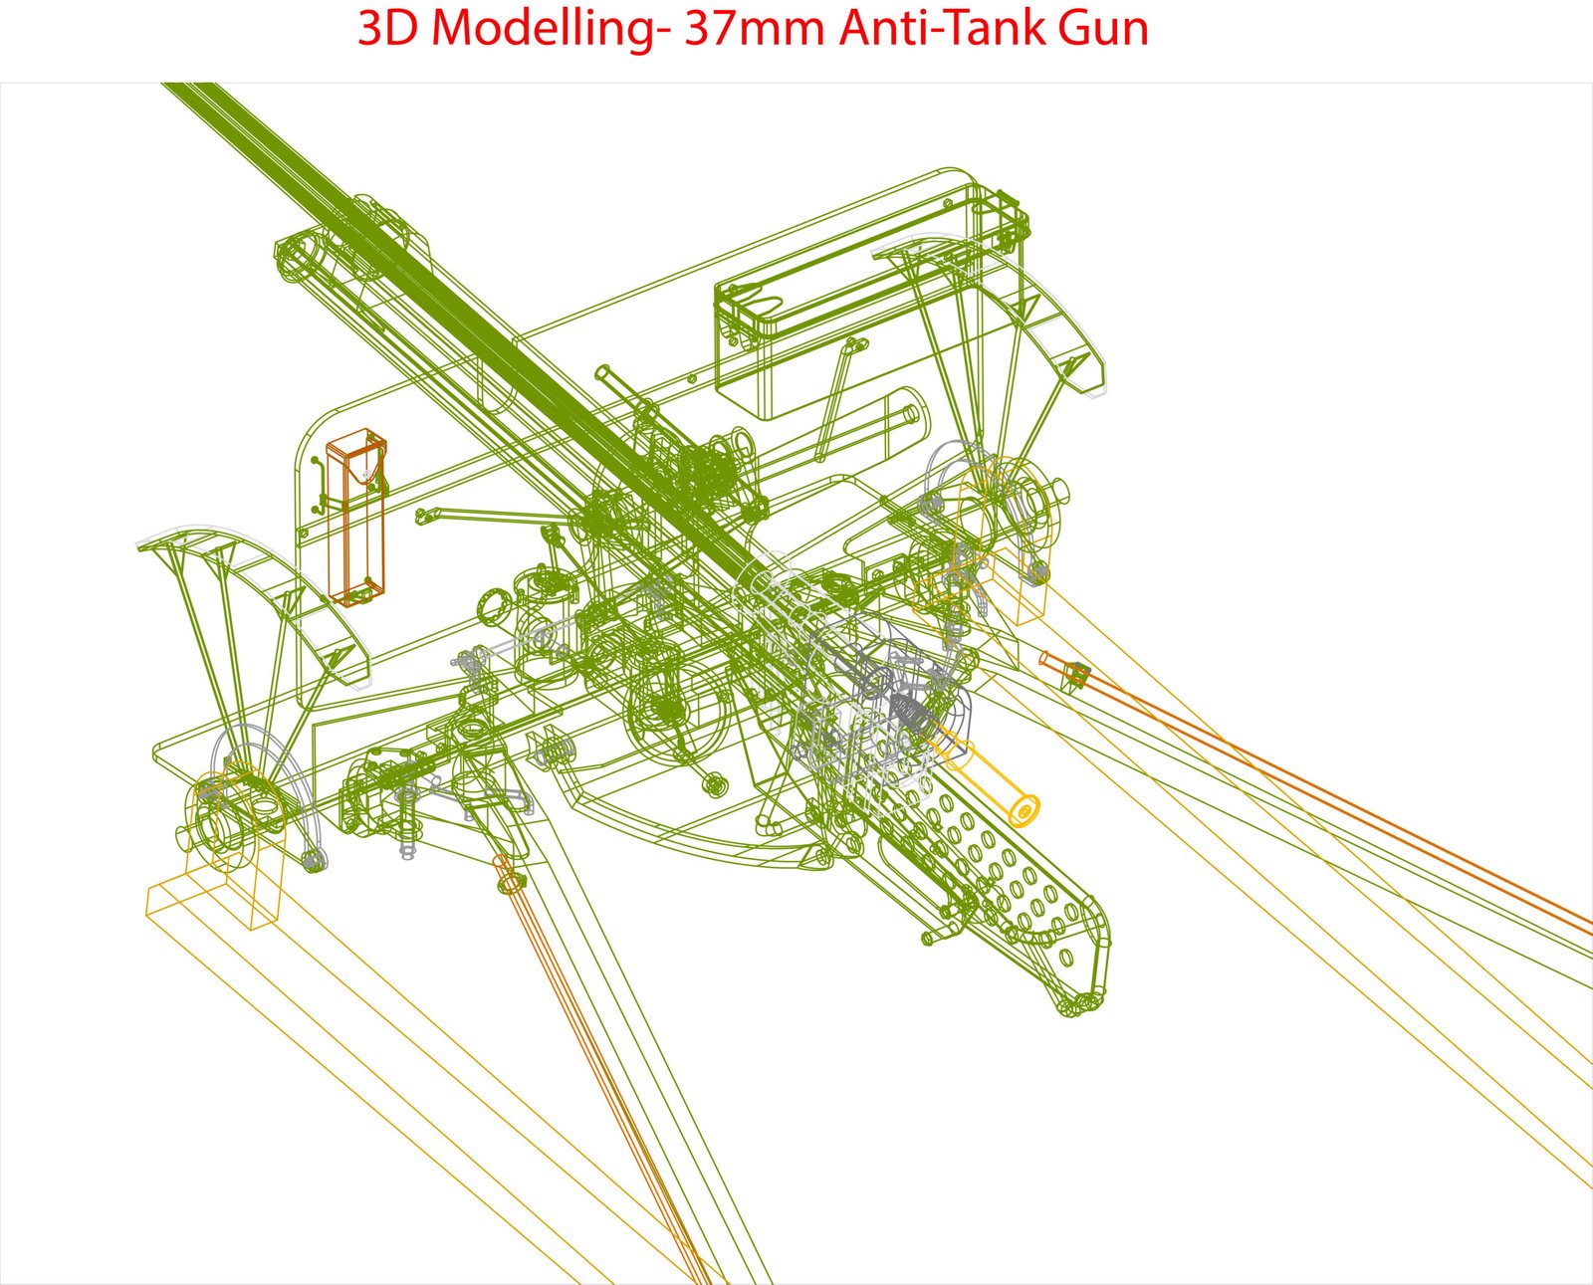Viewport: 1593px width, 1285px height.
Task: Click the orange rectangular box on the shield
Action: click(x=356, y=517)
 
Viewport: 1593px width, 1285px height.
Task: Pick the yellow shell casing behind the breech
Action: click(x=987, y=774)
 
